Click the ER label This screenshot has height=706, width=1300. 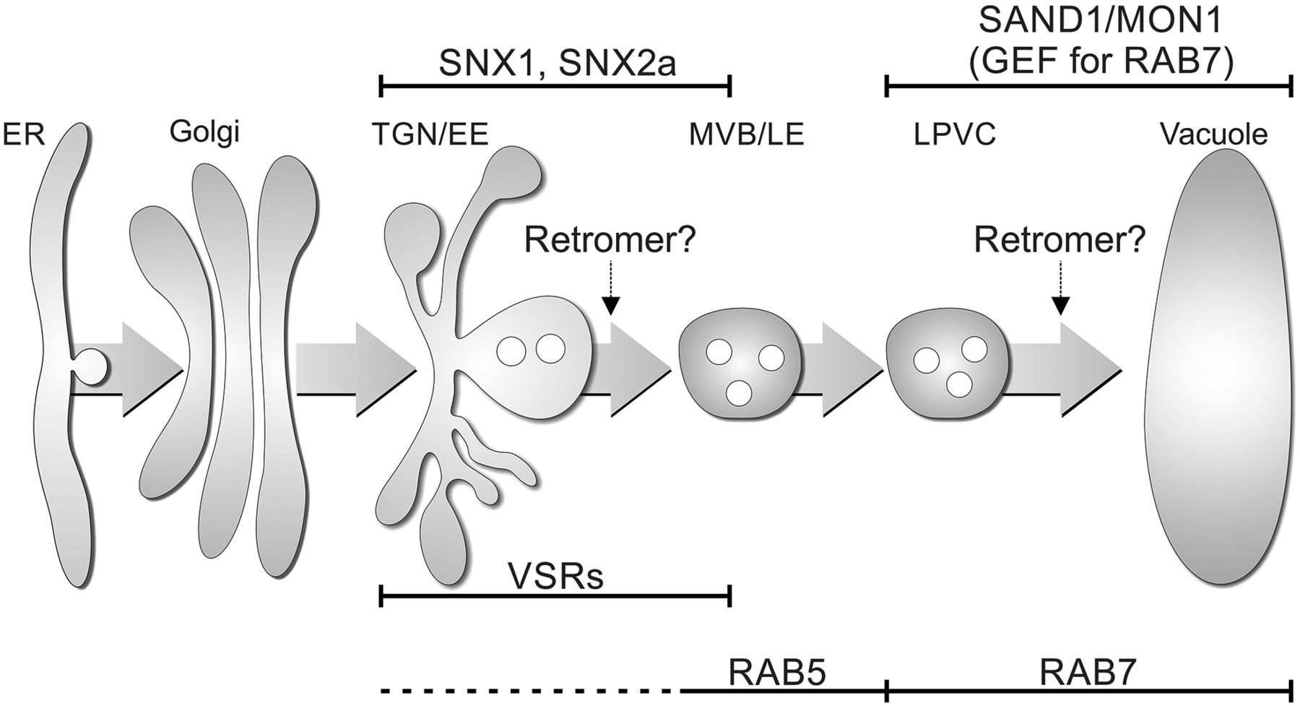(x=24, y=134)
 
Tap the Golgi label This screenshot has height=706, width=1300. (x=205, y=132)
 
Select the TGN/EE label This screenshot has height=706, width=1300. (x=430, y=134)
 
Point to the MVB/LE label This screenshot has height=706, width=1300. (x=746, y=134)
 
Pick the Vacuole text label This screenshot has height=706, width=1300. (x=1214, y=134)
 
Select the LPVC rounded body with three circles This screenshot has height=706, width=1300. (x=949, y=369)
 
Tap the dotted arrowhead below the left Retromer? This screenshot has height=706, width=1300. (x=610, y=306)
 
